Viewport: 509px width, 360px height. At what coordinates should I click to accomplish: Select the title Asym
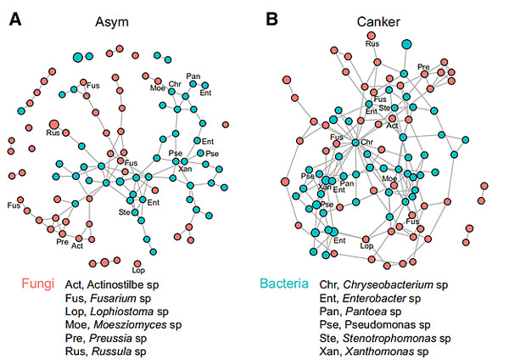(112, 21)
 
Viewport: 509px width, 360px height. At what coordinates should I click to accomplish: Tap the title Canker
(373, 21)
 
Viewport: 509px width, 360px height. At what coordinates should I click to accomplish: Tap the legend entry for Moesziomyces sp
(116, 324)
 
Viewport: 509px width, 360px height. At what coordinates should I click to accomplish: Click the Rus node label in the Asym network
(53, 133)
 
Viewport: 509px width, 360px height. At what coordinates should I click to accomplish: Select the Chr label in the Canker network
(367, 142)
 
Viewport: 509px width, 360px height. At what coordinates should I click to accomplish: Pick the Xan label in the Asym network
(185, 168)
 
